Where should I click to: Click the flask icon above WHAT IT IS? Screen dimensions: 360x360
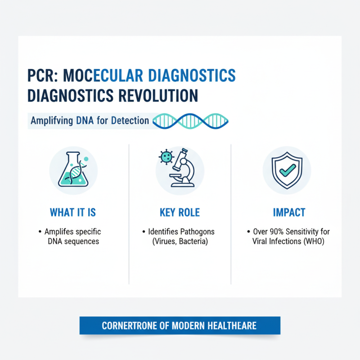(73, 169)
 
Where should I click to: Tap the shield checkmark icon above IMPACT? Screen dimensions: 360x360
(287, 169)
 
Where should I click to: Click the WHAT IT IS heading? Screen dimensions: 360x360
(73, 212)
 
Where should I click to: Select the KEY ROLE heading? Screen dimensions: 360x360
(180, 212)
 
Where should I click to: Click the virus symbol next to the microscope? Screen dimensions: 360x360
(166, 157)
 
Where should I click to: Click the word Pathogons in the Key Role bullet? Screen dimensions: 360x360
(198, 232)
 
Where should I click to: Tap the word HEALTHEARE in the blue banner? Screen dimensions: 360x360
(234, 325)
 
